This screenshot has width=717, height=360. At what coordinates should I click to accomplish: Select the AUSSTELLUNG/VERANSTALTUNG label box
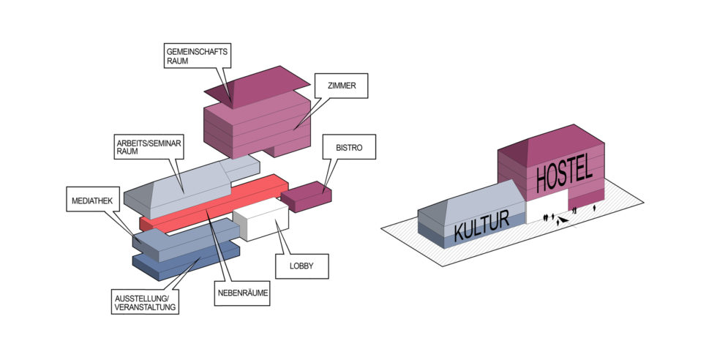(x=146, y=301)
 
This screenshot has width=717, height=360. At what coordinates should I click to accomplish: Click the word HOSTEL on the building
(x=563, y=174)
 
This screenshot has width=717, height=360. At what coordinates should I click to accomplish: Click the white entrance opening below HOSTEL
(x=547, y=209)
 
